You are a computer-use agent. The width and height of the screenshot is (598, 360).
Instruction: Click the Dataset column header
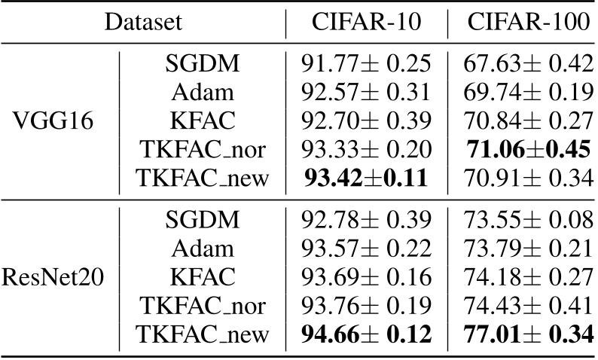click(x=143, y=22)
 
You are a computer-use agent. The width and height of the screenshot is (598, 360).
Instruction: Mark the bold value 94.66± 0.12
click(x=366, y=331)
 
